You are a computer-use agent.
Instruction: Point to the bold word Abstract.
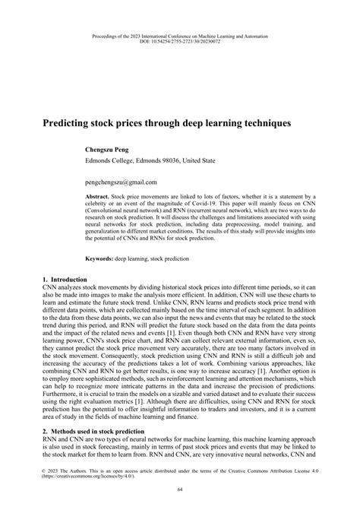(x=96, y=195)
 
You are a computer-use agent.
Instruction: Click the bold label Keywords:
(x=99, y=259)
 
